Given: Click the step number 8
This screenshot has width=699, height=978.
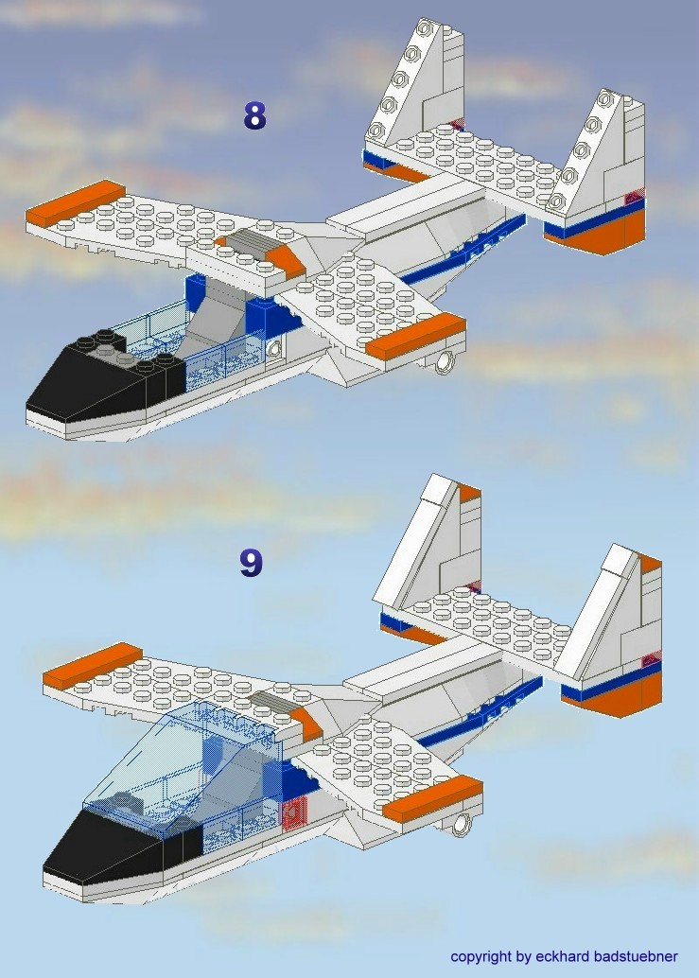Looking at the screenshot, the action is pos(254,115).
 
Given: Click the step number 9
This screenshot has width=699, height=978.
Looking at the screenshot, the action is pos(252,563).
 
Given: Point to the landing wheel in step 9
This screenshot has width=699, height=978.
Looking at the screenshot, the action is pos(462,824).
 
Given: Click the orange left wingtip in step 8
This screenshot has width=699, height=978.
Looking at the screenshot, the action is pos(76,202).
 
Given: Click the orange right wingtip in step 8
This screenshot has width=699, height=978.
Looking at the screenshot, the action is pos(415,336).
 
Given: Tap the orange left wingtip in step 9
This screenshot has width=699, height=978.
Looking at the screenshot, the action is pos(93,665).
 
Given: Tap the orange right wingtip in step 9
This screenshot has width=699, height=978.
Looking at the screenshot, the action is pos(432,798).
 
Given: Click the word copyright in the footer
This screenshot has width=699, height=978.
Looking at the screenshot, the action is pos(481,956).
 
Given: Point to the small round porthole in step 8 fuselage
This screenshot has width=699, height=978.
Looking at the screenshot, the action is pos(273,349).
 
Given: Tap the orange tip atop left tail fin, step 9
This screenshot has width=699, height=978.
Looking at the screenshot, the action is pos(469,492).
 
